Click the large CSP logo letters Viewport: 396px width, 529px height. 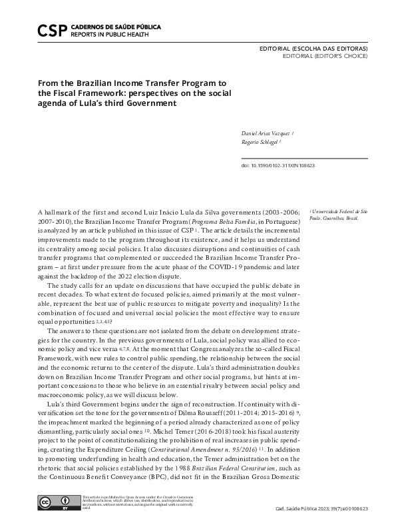[x=51, y=30]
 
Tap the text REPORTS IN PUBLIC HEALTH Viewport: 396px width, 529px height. [x=106, y=35]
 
